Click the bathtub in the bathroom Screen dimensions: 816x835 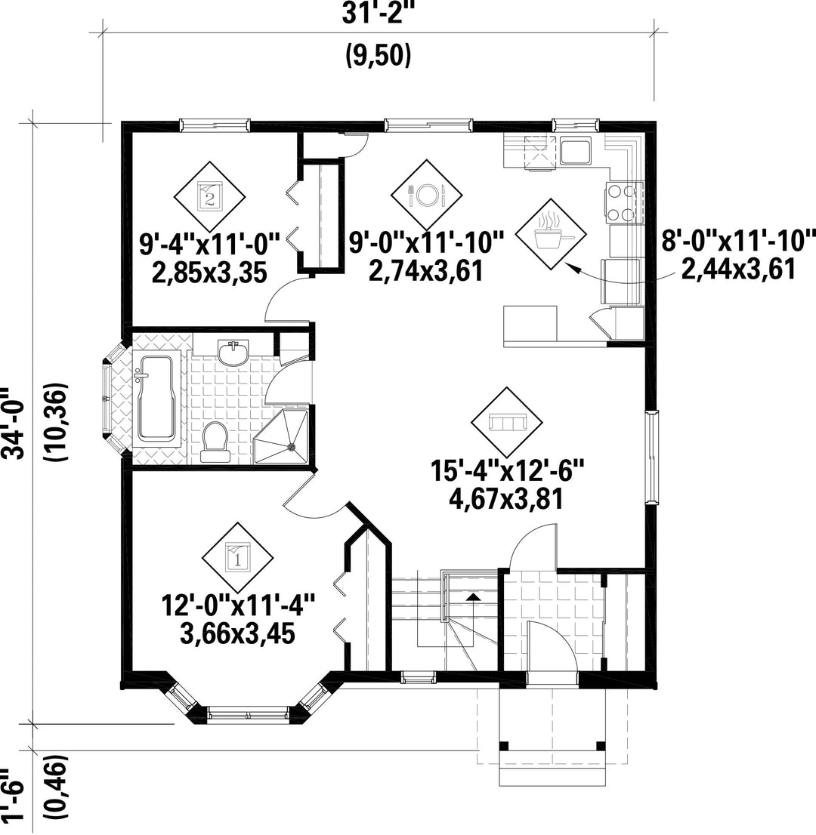click(158, 398)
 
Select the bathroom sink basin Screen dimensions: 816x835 click(233, 353)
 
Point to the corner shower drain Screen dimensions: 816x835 click(292, 447)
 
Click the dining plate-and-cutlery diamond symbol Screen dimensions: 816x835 click(426, 195)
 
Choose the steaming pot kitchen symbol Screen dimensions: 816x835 click(551, 233)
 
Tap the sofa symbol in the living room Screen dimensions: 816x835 click(507, 422)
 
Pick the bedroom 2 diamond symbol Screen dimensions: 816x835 click(209, 196)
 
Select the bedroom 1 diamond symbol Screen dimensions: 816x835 click(237, 558)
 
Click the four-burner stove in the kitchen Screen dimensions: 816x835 click(622, 202)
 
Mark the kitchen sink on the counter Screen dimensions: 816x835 click(575, 152)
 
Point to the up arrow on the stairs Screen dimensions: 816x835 click(472, 605)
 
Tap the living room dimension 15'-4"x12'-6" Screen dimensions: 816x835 click(508, 472)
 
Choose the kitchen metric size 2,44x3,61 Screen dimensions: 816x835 click(738, 269)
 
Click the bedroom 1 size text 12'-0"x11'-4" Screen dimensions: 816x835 click(238, 606)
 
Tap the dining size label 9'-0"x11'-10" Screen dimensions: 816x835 click(426, 243)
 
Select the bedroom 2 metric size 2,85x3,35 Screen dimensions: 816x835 click(209, 273)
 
